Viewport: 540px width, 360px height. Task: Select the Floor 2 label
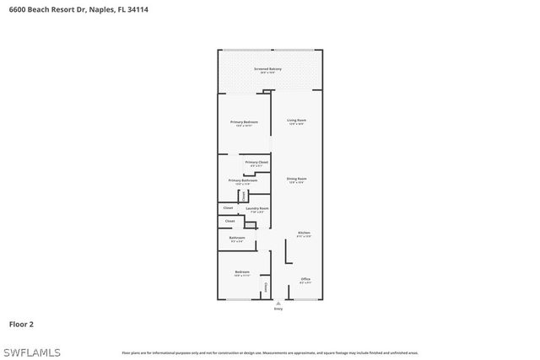[21, 323]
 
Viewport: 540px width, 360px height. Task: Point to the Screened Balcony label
[268, 69]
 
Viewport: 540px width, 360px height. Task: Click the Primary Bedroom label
[244, 122]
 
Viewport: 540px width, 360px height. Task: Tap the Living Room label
[296, 121]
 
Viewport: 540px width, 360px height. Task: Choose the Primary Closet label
[256, 162]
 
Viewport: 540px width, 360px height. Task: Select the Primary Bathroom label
[243, 180]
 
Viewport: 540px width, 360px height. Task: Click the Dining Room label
[296, 179]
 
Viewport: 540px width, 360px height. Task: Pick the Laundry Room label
[256, 208]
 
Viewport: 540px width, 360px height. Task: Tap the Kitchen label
[304, 233]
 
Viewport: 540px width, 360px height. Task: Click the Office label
[305, 279]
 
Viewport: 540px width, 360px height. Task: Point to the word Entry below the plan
[278, 309]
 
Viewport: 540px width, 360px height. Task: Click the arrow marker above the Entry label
[278, 304]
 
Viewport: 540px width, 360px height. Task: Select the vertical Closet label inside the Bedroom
[266, 287]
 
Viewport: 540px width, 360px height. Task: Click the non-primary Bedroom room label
[242, 271]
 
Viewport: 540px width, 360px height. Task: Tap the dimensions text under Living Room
[296, 125]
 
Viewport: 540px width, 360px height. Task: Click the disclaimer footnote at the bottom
[269, 352]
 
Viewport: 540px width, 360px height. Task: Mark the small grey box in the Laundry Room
[243, 196]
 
